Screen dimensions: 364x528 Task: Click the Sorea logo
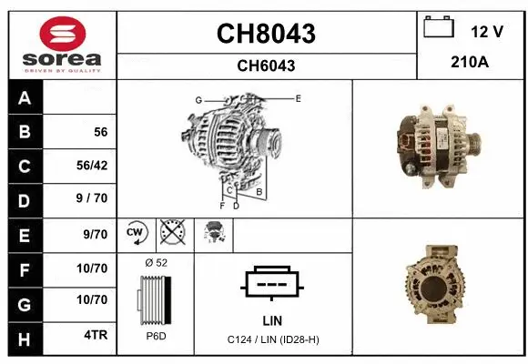point(62,45)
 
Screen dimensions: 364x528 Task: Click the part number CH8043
point(266,34)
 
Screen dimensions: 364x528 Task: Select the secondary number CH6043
point(266,66)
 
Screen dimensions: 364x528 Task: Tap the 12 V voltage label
point(487,32)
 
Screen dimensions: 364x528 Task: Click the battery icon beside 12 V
point(439,29)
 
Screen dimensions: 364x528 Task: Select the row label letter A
point(25,98)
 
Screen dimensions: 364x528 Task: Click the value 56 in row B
point(100,132)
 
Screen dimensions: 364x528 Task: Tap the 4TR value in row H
point(96,335)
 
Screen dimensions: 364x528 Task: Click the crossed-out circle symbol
point(171,235)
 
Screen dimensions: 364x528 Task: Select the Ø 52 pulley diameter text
point(156,263)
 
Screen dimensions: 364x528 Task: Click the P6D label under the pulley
point(156,336)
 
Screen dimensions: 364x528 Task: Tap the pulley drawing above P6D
point(156,299)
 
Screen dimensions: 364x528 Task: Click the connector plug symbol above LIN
point(272,283)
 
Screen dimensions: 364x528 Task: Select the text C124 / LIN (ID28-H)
point(272,339)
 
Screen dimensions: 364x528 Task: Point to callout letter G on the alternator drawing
point(198,99)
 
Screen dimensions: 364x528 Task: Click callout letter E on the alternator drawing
point(298,97)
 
